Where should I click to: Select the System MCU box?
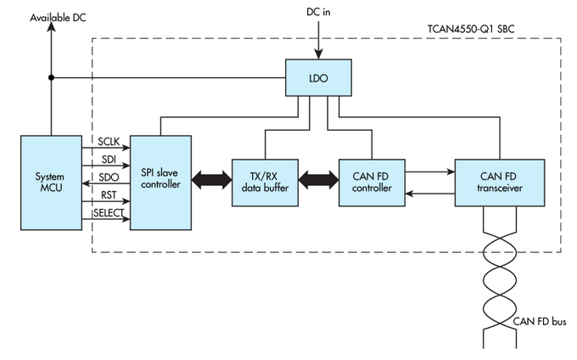pos(50,182)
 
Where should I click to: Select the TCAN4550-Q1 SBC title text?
pos(471,29)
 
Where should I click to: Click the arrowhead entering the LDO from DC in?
pos(320,54)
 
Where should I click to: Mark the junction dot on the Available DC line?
pos(51,78)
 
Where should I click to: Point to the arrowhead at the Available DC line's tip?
pos(51,29)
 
